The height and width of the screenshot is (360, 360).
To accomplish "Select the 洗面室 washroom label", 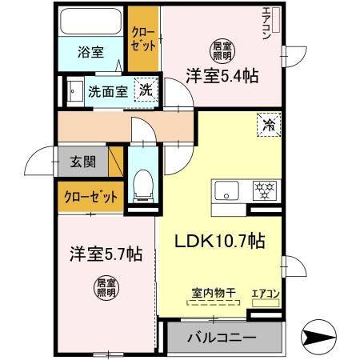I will pyautogui.click(x=107, y=90).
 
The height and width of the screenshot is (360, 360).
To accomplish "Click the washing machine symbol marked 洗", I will pyautogui.click(x=146, y=90).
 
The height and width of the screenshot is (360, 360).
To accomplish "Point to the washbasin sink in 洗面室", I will pyautogui.click(x=76, y=90).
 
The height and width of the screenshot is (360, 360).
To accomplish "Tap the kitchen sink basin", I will pyautogui.click(x=226, y=190).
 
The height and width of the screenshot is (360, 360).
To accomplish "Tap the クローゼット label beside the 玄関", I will pyautogui.click(x=90, y=197).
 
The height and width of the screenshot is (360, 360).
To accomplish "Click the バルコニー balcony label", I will pyautogui.click(x=222, y=338).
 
